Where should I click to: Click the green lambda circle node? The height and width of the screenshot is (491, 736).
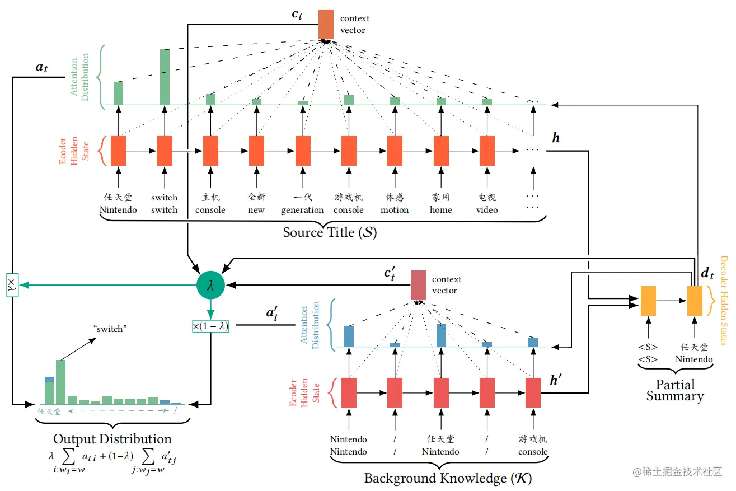[210, 285]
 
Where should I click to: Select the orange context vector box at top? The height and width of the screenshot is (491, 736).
[326, 24]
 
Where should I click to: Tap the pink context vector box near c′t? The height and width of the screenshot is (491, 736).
[418, 285]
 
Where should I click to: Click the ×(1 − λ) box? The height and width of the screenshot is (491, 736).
[210, 326]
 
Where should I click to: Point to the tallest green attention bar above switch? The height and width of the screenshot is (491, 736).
[165, 77]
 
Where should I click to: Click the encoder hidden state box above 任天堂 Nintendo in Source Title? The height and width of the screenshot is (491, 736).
[118, 151]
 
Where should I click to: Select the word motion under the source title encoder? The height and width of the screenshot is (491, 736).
[395, 210]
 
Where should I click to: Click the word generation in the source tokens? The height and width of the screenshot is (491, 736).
[302, 210]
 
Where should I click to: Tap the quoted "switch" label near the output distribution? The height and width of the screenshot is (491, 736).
[109, 329]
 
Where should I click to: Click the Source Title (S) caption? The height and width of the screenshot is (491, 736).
[330, 232]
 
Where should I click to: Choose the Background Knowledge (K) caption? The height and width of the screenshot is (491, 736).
[448, 478]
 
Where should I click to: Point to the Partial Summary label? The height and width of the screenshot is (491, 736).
[675, 390]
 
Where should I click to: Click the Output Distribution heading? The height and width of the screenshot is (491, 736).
[112, 439]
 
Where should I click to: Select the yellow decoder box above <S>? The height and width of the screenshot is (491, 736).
[648, 301]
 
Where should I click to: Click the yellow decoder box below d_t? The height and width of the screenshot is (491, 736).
[695, 301]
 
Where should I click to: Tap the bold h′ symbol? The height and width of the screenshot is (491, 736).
[556, 381]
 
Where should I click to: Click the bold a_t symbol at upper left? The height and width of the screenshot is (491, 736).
[42, 68]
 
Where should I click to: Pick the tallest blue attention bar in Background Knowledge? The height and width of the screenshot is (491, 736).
[441, 335]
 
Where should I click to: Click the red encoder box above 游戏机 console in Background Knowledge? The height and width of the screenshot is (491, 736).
[533, 392]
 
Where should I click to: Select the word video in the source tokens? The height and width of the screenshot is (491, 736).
[487, 210]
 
